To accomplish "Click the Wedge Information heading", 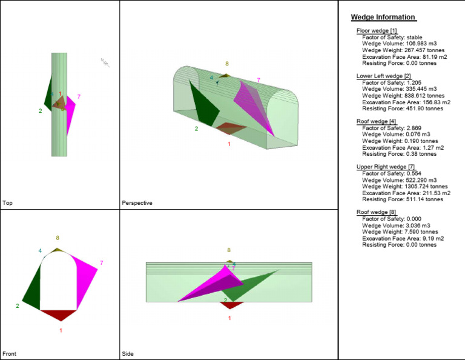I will pyautogui.click(x=383, y=17).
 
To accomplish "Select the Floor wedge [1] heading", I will pyautogui.click(x=377, y=30).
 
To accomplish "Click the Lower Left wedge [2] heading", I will pyautogui.click(x=384, y=76).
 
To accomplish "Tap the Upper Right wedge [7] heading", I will pyautogui.click(x=385, y=167).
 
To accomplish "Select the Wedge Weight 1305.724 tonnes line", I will pyautogui.click(x=404, y=186).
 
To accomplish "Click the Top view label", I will pyautogui.click(x=7, y=203).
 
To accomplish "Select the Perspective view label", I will pyautogui.click(x=137, y=203).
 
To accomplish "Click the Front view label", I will pyautogui.click(x=9, y=353).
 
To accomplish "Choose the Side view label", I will pyautogui.click(x=128, y=353).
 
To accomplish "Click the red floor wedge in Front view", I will pyautogui.click(x=59, y=315).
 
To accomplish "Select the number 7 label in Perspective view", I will pyautogui.click(x=259, y=80).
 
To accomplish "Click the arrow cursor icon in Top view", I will pyautogui.click(x=105, y=62).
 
